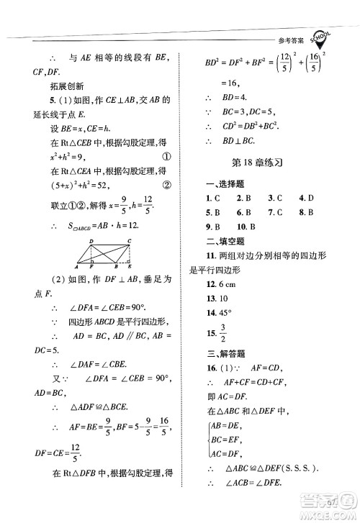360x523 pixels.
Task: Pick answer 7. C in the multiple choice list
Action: click(x=275, y=213)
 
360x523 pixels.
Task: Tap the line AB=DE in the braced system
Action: click(x=225, y=426)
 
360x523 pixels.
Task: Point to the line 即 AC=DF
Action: click(x=229, y=396)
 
